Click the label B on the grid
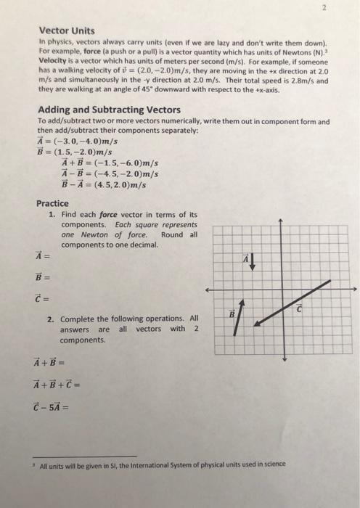pyautogui.click(x=232, y=316)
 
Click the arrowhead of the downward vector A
pyautogui.click(x=253, y=269)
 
